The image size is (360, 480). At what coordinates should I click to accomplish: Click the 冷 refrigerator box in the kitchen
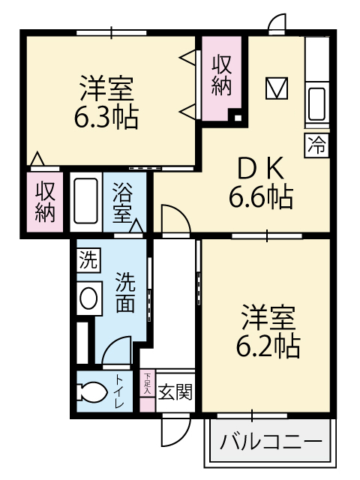click(316, 145)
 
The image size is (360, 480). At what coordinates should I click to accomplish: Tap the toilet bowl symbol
click(92, 391)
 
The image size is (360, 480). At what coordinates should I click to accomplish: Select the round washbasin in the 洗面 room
click(88, 298)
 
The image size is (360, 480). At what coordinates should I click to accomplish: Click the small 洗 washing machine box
click(88, 259)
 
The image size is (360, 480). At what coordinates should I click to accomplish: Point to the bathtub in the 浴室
click(86, 202)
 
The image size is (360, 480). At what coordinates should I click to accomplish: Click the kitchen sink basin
click(316, 103)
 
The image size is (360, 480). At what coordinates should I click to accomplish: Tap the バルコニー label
click(271, 442)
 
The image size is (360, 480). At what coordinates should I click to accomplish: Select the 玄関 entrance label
click(175, 392)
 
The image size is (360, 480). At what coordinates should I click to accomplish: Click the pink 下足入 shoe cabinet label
click(148, 383)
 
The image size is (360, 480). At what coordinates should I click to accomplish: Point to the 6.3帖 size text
click(106, 118)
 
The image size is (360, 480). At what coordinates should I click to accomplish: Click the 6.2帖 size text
click(268, 346)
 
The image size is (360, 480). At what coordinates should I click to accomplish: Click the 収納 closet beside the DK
click(221, 75)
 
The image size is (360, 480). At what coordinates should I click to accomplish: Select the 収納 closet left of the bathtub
click(45, 202)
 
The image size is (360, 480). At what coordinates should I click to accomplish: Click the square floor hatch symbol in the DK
click(277, 88)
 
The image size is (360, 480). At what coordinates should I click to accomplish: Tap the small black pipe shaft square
click(237, 118)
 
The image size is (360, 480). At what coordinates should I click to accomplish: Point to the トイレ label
click(119, 391)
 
